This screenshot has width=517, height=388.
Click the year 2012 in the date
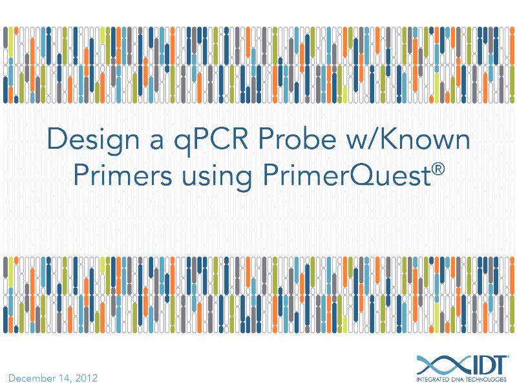coord(85,378)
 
